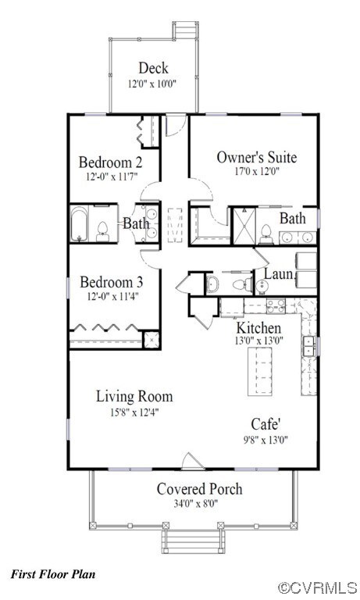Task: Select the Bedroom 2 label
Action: (x=110, y=162)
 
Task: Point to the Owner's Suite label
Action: (x=256, y=156)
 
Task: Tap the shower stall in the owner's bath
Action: (x=244, y=225)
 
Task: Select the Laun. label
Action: (x=279, y=274)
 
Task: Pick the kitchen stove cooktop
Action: (x=275, y=305)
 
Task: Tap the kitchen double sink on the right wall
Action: (x=310, y=345)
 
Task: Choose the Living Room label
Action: (x=134, y=396)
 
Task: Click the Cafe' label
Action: (x=266, y=423)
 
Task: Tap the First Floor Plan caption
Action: (x=53, y=574)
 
